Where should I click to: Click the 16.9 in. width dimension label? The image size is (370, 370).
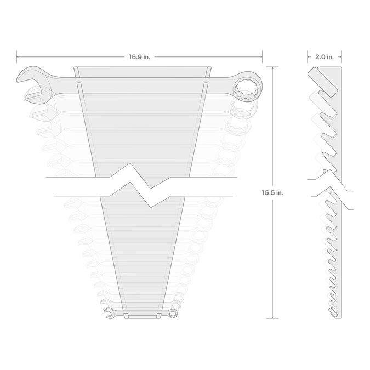coord(139,57)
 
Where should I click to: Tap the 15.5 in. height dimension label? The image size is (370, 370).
coord(272,193)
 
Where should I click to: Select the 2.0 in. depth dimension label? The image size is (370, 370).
coord(325,57)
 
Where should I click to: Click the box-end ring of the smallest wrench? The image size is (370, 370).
coord(173,314)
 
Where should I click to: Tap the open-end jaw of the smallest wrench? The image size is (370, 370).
coord(109,313)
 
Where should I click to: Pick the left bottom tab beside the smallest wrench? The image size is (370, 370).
coord(126,316)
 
